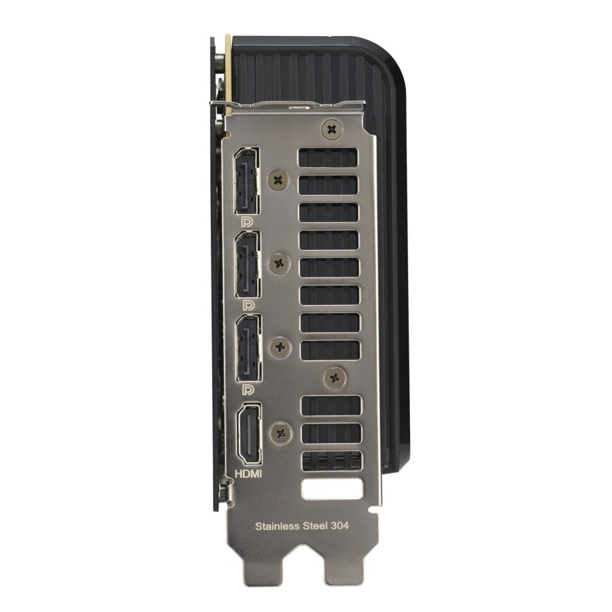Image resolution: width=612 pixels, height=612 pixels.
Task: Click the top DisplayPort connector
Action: pyautogui.click(x=246, y=180)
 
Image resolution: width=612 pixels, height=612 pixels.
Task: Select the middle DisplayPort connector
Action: pyautogui.click(x=247, y=264)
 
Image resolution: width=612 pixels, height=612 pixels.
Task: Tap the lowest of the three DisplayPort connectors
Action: pyautogui.click(x=247, y=347)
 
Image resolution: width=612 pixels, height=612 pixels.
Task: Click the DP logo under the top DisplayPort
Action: pyautogui.click(x=247, y=222)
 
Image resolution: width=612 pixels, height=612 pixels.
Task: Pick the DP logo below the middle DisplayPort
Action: pyautogui.click(x=248, y=306)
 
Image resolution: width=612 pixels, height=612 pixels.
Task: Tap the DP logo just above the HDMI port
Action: pyautogui.click(x=248, y=390)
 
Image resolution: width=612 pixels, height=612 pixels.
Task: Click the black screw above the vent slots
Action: pyautogui.click(x=331, y=128)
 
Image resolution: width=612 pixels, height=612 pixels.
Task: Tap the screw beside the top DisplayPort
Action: pyautogui.click(x=278, y=180)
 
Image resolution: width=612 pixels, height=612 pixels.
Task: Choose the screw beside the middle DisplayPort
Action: pyautogui.click(x=279, y=263)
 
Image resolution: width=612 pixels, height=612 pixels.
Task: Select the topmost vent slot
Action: pyautogui.click(x=328, y=157)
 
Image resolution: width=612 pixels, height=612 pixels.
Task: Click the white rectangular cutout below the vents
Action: pyautogui.click(x=332, y=488)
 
